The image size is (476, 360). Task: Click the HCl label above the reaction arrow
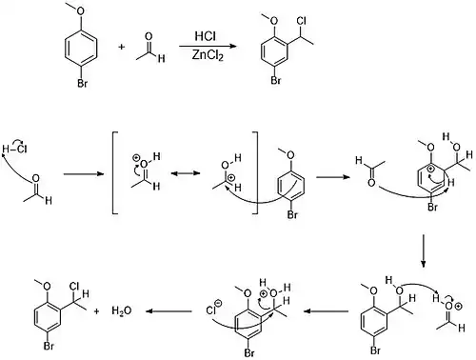click(206, 36)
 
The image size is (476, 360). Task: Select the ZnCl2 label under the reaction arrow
click(208, 55)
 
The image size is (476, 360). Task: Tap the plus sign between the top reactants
click(122, 47)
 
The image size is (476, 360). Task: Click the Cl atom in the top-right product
click(301, 21)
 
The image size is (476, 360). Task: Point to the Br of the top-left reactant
click(82, 84)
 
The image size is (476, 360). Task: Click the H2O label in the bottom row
click(122, 310)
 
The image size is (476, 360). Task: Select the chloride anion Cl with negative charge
click(214, 309)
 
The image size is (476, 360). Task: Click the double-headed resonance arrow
click(186, 173)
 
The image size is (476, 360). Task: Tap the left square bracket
click(115, 172)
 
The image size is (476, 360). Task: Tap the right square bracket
click(255, 172)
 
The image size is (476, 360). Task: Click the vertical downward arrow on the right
click(423, 250)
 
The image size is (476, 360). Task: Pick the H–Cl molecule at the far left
click(14, 149)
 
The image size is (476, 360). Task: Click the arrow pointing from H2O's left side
click(169, 311)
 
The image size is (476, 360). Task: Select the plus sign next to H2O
click(96, 311)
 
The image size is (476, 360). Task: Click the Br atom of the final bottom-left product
click(49, 346)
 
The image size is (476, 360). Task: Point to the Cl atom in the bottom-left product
click(74, 287)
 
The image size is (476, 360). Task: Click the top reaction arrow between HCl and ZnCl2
click(208, 47)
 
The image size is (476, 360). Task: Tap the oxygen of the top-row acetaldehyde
click(149, 36)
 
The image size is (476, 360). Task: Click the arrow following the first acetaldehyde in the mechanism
click(84, 174)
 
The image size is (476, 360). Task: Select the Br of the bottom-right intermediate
click(375, 350)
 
